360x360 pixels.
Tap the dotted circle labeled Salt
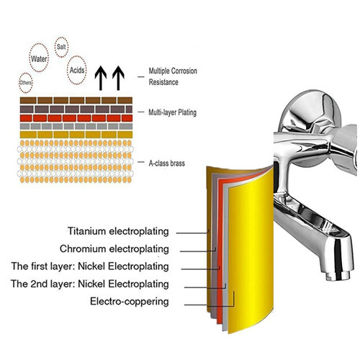click(55, 47)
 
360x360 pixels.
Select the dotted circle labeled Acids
click(68, 70)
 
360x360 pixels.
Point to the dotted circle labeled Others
click(19, 83)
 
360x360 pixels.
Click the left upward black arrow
click(101, 78)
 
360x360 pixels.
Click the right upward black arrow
click(118, 78)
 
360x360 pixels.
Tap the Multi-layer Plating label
click(172, 112)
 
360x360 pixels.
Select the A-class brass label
click(167, 163)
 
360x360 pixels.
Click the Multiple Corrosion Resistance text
click(173, 76)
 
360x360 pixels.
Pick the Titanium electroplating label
click(118, 231)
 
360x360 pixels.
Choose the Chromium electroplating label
click(114, 248)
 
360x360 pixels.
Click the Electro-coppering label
click(130, 301)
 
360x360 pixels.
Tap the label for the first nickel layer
click(90, 266)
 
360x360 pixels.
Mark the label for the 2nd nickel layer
click(90, 284)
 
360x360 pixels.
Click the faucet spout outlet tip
click(337, 275)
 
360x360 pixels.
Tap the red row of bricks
click(76, 118)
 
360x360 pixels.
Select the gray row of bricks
click(76, 126)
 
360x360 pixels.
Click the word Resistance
click(163, 82)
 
